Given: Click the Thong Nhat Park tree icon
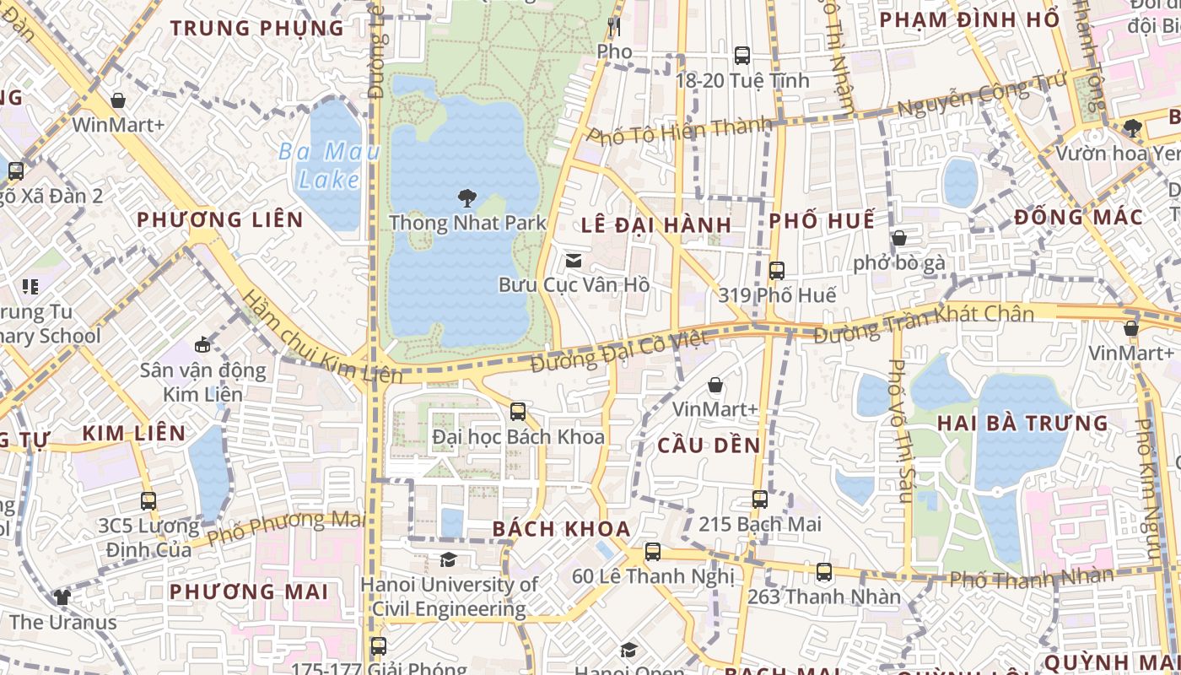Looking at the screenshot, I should point(466,198).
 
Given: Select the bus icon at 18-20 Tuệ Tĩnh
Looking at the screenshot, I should point(742,56).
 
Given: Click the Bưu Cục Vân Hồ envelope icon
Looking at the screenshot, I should point(574,260).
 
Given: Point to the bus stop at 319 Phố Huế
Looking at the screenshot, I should point(777,271).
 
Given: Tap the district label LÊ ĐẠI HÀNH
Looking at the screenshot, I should point(655,224).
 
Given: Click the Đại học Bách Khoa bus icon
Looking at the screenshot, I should point(518,412).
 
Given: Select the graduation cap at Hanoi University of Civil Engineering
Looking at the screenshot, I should point(448,559).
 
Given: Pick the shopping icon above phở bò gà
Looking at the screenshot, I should point(899,238).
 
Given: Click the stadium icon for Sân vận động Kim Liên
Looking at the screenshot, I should point(202,344).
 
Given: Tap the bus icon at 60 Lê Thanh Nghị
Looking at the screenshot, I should point(653,552).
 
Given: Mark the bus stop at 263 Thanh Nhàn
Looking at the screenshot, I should point(824,571).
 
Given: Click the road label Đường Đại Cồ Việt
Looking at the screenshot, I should point(618,351).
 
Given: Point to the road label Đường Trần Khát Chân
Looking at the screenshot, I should point(924,323).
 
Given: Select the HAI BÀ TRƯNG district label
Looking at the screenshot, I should point(1022,423).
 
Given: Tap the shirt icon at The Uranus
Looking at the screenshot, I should point(62,597).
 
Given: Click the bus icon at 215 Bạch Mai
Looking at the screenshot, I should point(760,499).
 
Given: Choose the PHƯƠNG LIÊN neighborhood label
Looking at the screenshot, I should point(220,220).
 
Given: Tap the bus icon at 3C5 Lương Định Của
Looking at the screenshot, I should point(148,500).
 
